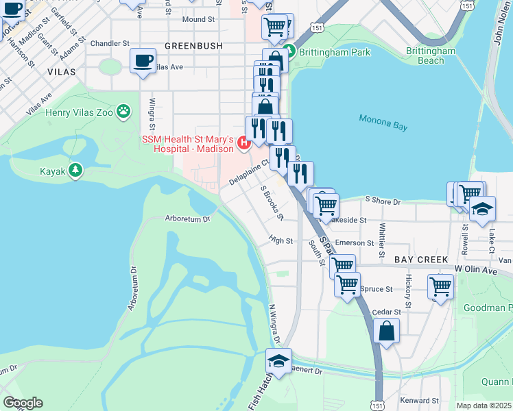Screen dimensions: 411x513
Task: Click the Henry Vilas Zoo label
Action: coord(78,112)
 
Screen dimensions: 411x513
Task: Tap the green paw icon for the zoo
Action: coord(123,110)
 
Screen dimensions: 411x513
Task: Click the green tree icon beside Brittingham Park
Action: coord(291,51)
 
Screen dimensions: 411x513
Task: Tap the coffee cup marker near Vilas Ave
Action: coord(143,61)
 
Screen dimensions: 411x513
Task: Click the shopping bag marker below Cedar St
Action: coord(387,332)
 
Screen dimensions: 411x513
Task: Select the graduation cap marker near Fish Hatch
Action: coord(278,361)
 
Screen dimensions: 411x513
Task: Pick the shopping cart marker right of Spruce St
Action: coord(440,286)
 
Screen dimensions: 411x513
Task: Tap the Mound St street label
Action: coord(198,20)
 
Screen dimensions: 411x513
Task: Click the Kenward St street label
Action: coord(420,400)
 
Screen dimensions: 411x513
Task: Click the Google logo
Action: coord(23,403)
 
